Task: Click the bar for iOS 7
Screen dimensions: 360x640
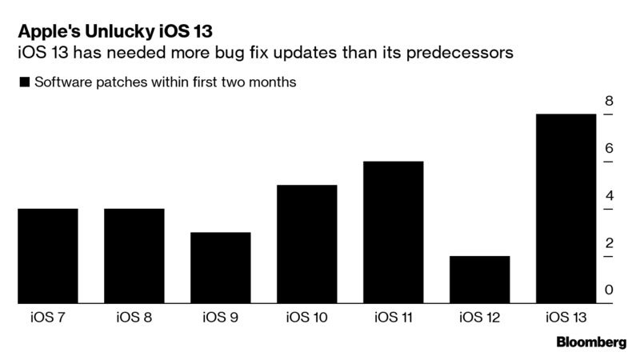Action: [x=47, y=256]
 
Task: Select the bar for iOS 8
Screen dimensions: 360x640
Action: [x=134, y=256]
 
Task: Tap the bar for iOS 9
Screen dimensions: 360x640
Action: [x=220, y=268]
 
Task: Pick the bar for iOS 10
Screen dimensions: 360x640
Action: [x=306, y=244]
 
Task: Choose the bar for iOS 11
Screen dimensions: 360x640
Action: [x=393, y=232]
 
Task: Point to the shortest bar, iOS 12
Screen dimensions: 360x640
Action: [x=479, y=280]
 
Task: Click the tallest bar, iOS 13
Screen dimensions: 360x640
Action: [x=566, y=209]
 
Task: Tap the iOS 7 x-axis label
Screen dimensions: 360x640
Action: [x=47, y=318]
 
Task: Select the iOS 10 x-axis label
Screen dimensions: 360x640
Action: [x=306, y=318]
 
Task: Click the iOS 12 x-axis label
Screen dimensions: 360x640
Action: [x=479, y=318]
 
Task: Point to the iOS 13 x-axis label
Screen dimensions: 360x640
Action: [x=566, y=318]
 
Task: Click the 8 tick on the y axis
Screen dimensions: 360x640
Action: [x=609, y=102]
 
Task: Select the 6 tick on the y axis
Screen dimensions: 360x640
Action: [x=609, y=149]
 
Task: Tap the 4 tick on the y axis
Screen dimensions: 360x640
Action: [x=609, y=196]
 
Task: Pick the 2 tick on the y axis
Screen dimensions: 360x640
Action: [x=609, y=243]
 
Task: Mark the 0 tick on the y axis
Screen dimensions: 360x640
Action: [x=609, y=290]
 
